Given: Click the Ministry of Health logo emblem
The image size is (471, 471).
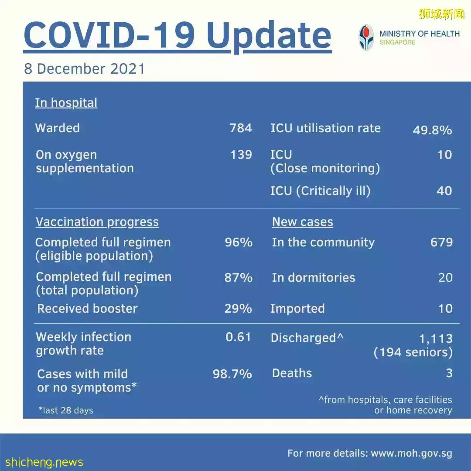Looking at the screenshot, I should coord(366,38).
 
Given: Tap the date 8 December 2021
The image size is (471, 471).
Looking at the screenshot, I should coord(84,69).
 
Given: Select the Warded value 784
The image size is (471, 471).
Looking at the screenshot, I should coord(241,128).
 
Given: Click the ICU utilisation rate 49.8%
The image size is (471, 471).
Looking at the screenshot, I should coord(432,130).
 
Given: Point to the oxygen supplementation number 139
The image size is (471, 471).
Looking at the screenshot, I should coord(241,155).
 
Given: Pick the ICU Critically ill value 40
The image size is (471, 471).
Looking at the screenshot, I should coord(444,191).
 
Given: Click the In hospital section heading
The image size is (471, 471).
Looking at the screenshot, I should coord(66,103).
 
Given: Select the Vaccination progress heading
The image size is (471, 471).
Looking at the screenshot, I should coord(97,222).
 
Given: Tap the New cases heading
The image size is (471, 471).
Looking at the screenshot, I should coord(302,222).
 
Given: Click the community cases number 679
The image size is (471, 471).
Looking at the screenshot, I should coord(441,242).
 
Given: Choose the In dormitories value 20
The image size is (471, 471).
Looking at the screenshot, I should coord(445,277).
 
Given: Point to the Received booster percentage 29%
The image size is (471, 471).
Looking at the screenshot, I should coord(238,309).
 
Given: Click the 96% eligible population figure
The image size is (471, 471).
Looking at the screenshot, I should coord(239,242).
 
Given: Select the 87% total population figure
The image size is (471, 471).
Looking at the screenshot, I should coord(239,277).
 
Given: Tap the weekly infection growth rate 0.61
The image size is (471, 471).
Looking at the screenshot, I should coord(238,337).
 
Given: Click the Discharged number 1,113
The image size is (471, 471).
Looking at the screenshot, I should coord(436,338).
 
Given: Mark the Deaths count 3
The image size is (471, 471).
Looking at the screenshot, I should coord(449,373).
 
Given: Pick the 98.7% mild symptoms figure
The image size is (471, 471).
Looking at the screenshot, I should coord(232,374).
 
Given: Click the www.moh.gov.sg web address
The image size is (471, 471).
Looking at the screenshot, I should coord(411,454).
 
